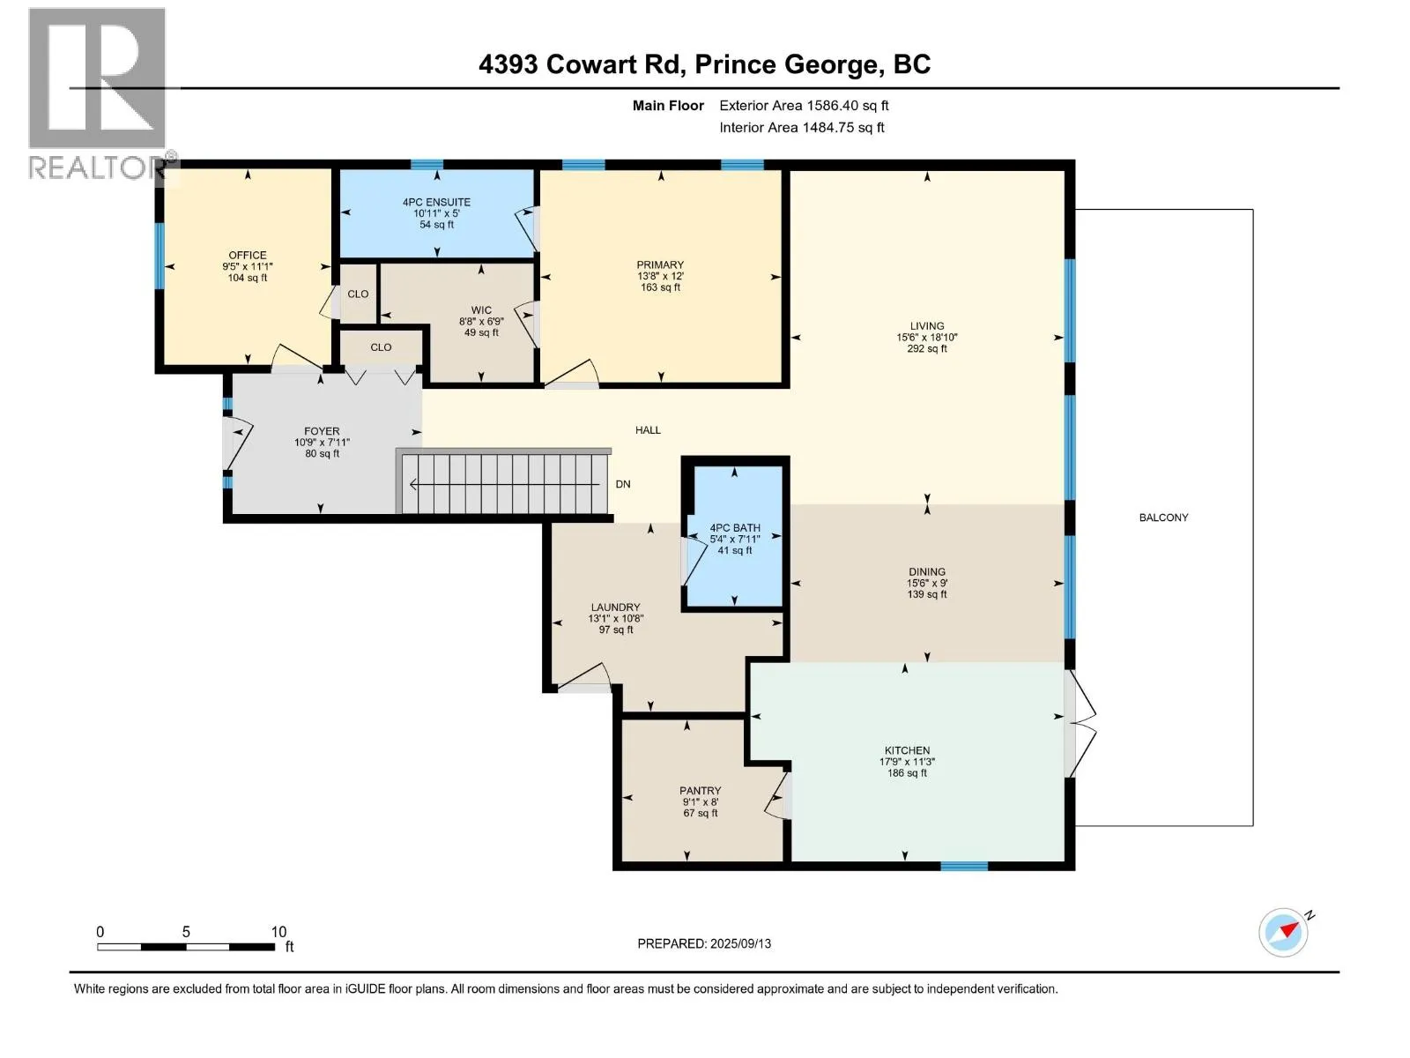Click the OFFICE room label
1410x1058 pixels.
(248, 256)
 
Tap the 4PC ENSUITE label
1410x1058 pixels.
(436, 202)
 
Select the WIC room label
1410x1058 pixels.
(481, 310)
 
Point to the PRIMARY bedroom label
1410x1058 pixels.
(660, 264)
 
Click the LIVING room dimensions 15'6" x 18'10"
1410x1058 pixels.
(927, 337)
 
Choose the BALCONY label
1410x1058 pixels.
(1163, 518)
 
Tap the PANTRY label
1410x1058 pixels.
(700, 791)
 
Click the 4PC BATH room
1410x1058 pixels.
(735, 539)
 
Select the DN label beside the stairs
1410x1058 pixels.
(623, 484)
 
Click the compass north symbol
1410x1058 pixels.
(1285, 931)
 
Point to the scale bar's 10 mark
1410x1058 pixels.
(278, 932)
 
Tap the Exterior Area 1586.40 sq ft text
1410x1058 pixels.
(804, 106)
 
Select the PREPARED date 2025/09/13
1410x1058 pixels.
(704, 943)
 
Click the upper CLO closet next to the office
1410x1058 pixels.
(358, 294)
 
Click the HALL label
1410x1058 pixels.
(648, 430)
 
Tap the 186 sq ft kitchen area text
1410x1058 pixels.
(907, 773)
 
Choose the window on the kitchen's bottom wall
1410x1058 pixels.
(963, 867)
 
